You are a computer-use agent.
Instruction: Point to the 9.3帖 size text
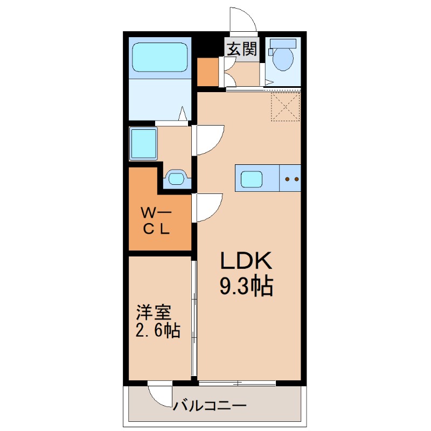[x=246, y=286]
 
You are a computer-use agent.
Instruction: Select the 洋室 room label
[x=154, y=312]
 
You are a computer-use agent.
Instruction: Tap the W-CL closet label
[x=156, y=220]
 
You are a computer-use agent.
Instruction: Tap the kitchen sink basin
[x=252, y=178]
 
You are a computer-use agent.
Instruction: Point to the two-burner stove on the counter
[x=291, y=178]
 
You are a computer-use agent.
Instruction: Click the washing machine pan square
[x=143, y=143]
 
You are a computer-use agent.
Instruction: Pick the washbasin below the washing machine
[x=176, y=177]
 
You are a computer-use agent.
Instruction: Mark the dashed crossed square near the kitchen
[x=284, y=107]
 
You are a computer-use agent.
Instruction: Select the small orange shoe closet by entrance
[x=207, y=71]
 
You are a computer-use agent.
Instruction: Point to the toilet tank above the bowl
[x=284, y=43]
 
